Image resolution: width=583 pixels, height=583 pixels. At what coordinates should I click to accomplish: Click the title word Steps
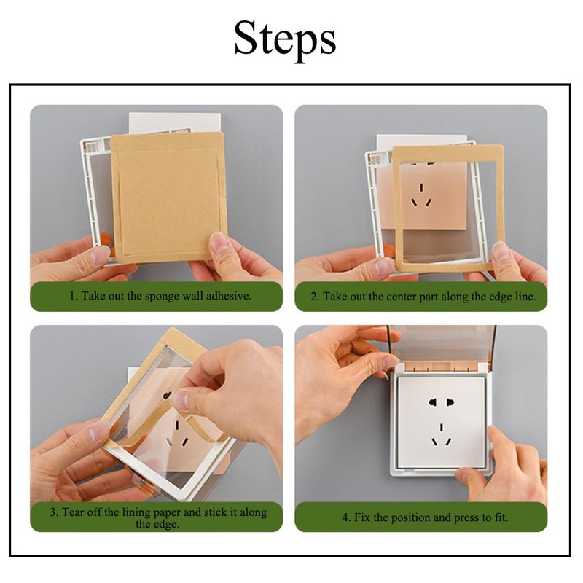pyautogui.click(x=285, y=39)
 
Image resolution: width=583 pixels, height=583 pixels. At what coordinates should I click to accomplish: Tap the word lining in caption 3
pyautogui.click(x=152, y=512)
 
